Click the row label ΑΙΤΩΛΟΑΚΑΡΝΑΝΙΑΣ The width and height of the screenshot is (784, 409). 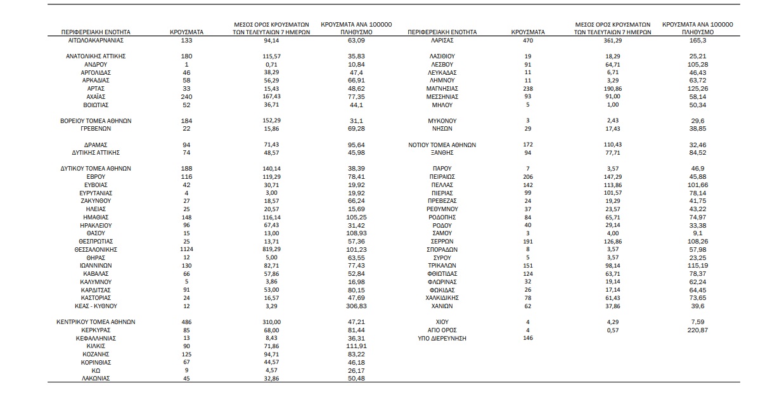[x=96, y=40]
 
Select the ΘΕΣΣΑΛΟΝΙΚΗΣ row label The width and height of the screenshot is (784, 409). [x=96, y=250]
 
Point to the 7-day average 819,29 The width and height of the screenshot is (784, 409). [x=271, y=250]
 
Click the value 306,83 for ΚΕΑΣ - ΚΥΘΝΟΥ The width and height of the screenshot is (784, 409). [x=356, y=306]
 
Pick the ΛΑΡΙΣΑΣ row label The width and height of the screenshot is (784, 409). [x=442, y=40]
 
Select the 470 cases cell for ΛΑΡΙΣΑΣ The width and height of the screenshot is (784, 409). [x=527, y=40]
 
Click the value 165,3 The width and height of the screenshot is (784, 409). [x=697, y=40]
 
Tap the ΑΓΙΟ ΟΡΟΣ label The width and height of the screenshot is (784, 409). [x=442, y=330]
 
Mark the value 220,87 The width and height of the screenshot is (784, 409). [x=697, y=330]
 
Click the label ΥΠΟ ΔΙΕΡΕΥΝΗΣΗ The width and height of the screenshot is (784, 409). [x=442, y=339]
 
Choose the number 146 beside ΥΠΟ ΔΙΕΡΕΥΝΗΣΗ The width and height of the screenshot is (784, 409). [x=527, y=339]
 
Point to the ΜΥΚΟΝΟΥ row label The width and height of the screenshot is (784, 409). [x=442, y=120]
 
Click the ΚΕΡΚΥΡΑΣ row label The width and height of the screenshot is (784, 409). [x=96, y=330]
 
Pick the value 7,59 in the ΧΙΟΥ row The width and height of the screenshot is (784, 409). [x=697, y=322]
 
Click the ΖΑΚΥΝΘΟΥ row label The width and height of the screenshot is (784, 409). [x=96, y=201]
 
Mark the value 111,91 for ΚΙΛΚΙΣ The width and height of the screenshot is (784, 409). [x=356, y=346]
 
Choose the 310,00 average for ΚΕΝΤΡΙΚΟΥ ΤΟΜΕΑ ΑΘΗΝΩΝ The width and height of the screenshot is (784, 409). [x=271, y=322]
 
